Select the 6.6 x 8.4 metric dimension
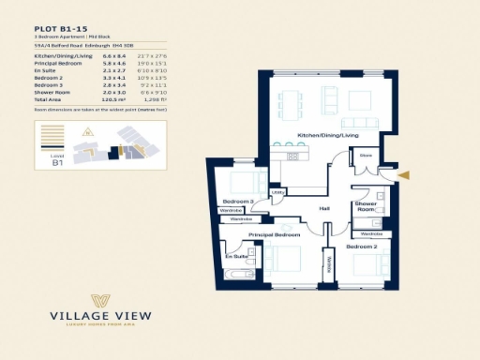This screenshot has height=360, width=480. pos(114,56)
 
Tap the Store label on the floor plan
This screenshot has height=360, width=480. pos(366,156)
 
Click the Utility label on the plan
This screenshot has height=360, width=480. pos(277,193)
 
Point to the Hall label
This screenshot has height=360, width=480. pos(324,208)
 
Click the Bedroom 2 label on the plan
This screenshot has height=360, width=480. pos(361,246)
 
